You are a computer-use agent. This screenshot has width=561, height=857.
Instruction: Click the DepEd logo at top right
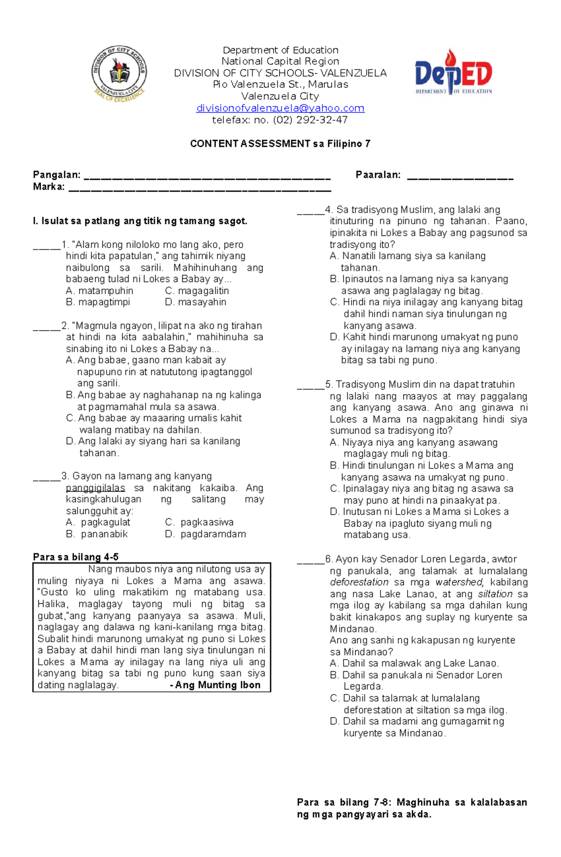453,72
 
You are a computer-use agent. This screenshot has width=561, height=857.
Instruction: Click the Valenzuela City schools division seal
119,74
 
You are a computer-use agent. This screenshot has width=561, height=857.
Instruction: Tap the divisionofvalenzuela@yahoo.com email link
280,108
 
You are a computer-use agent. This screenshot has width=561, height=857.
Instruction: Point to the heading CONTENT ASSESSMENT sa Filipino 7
280,144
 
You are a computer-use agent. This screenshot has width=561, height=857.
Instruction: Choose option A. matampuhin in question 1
100,291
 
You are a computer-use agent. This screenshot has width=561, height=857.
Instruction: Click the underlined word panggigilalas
95,488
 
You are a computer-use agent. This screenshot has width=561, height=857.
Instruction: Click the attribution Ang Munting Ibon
217,685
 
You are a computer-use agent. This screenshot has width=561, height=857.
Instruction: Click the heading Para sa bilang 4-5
76,557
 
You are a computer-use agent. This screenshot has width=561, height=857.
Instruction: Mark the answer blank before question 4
310,212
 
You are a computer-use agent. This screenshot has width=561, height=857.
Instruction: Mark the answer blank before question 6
310,562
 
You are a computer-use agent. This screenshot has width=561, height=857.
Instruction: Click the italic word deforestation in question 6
359,582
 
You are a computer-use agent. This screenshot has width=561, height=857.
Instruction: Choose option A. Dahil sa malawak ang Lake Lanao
414,663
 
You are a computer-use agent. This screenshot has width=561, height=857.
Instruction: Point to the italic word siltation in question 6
495,594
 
